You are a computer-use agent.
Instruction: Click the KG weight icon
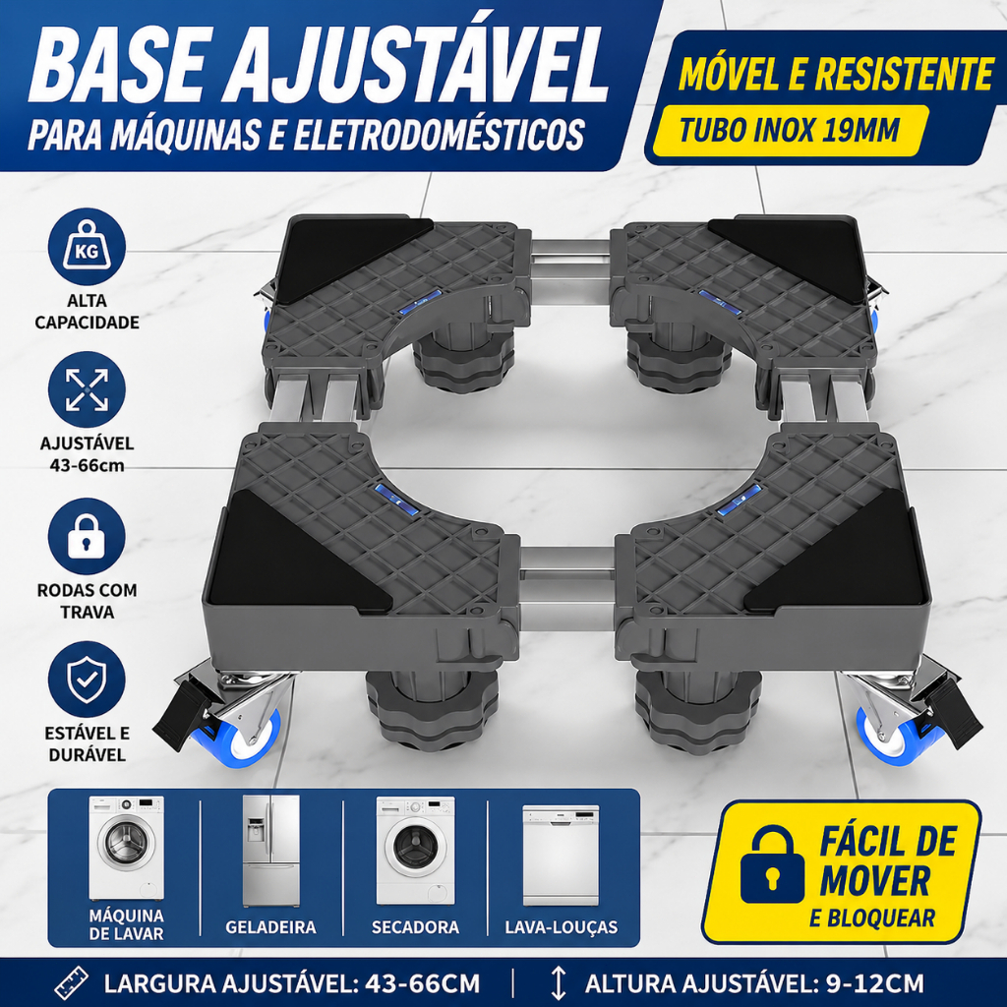tap(87, 247)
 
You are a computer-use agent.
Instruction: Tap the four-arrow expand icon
tap(87, 389)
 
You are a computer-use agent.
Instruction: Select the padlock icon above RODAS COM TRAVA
tap(87, 536)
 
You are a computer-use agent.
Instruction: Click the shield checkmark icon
tap(87, 680)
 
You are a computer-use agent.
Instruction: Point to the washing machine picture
tap(127, 848)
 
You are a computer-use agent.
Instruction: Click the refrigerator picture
tap(270, 851)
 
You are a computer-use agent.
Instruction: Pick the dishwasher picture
tap(561, 855)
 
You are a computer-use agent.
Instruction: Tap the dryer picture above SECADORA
tap(416, 851)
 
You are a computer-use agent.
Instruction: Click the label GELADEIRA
tap(270, 926)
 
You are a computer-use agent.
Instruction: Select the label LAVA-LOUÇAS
tap(562, 926)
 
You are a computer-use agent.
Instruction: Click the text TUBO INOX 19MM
tap(789, 131)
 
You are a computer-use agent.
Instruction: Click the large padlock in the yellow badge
tap(772, 863)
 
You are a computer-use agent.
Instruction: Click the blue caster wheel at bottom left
tap(252, 738)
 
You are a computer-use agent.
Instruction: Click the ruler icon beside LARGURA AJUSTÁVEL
tap(71, 983)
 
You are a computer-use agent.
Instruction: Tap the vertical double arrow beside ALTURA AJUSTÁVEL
tap(559, 983)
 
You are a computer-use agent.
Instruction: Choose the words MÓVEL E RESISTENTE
tap(836, 74)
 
